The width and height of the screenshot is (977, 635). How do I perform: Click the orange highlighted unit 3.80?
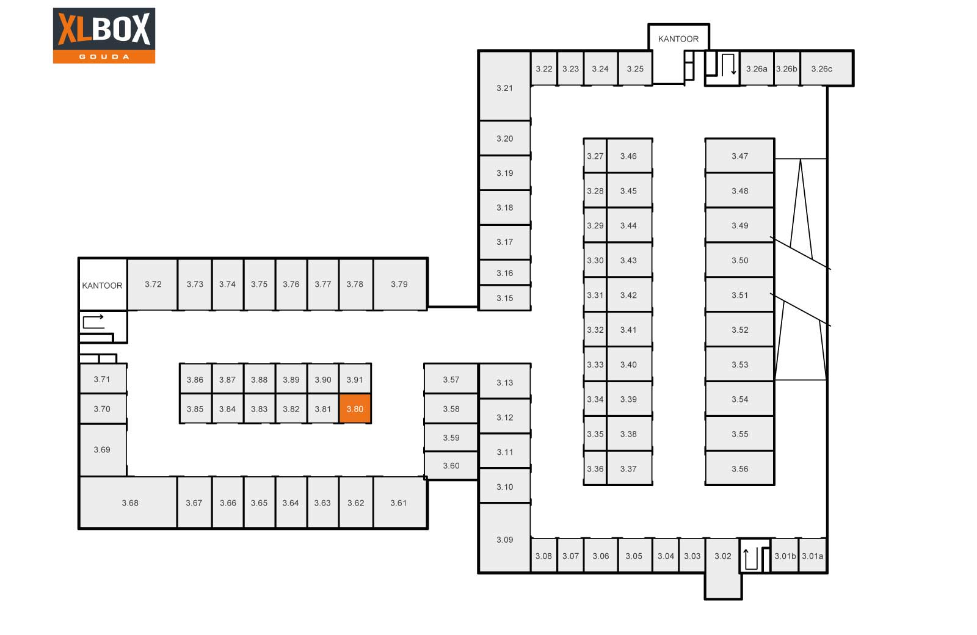tap(355, 408)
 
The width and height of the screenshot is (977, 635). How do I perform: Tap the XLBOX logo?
tap(104, 35)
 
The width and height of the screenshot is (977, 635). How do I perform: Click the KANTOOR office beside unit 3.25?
tap(678, 39)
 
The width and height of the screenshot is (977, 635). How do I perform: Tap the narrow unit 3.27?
tap(595, 156)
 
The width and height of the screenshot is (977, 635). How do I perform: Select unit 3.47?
tap(739, 156)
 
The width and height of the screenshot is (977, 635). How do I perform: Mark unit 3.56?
tap(739, 468)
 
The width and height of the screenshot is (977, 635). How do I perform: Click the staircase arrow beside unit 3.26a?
tap(729, 65)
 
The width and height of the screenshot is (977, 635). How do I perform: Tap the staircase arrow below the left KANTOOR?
tap(93, 321)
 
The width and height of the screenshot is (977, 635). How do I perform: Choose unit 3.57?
tap(451, 379)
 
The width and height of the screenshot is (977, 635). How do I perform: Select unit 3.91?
tap(355, 379)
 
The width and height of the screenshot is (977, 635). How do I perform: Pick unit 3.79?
tap(400, 284)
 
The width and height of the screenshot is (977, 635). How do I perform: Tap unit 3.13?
tap(504, 382)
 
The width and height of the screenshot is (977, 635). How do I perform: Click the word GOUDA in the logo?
tap(104, 57)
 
